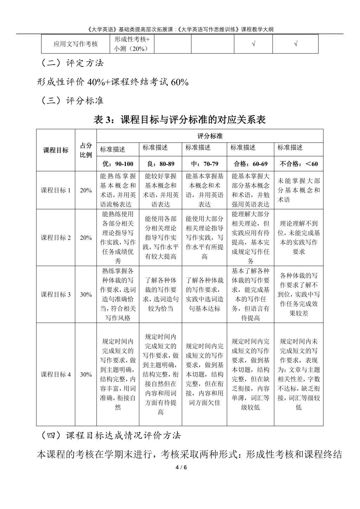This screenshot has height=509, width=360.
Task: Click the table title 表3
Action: [x=180, y=120]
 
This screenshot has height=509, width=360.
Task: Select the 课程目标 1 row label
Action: [x=56, y=190]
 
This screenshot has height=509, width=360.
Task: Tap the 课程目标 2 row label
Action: [x=56, y=238]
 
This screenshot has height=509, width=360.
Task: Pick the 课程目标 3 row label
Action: [x=56, y=294]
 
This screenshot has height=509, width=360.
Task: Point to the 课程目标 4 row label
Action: [x=56, y=374]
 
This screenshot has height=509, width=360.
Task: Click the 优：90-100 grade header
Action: [x=117, y=164]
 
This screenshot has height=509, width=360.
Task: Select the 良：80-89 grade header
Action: [x=160, y=164]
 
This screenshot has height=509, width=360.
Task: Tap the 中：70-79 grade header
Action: [x=204, y=164]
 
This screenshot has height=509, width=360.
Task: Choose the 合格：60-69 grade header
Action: [x=250, y=164]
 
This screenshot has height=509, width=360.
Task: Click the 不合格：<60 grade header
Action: [x=298, y=164]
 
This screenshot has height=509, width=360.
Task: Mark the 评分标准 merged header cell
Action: [x=210, y=136]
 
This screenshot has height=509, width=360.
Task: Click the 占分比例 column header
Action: [x=86, y=150]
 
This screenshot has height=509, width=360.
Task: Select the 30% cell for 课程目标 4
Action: [x=86, y=374]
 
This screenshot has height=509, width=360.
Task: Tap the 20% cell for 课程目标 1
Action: [x=86, y=190]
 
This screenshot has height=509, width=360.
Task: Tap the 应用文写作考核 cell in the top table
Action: [x=76, y=44]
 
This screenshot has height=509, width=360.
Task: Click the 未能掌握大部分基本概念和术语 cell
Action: [x=298, y=190]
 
